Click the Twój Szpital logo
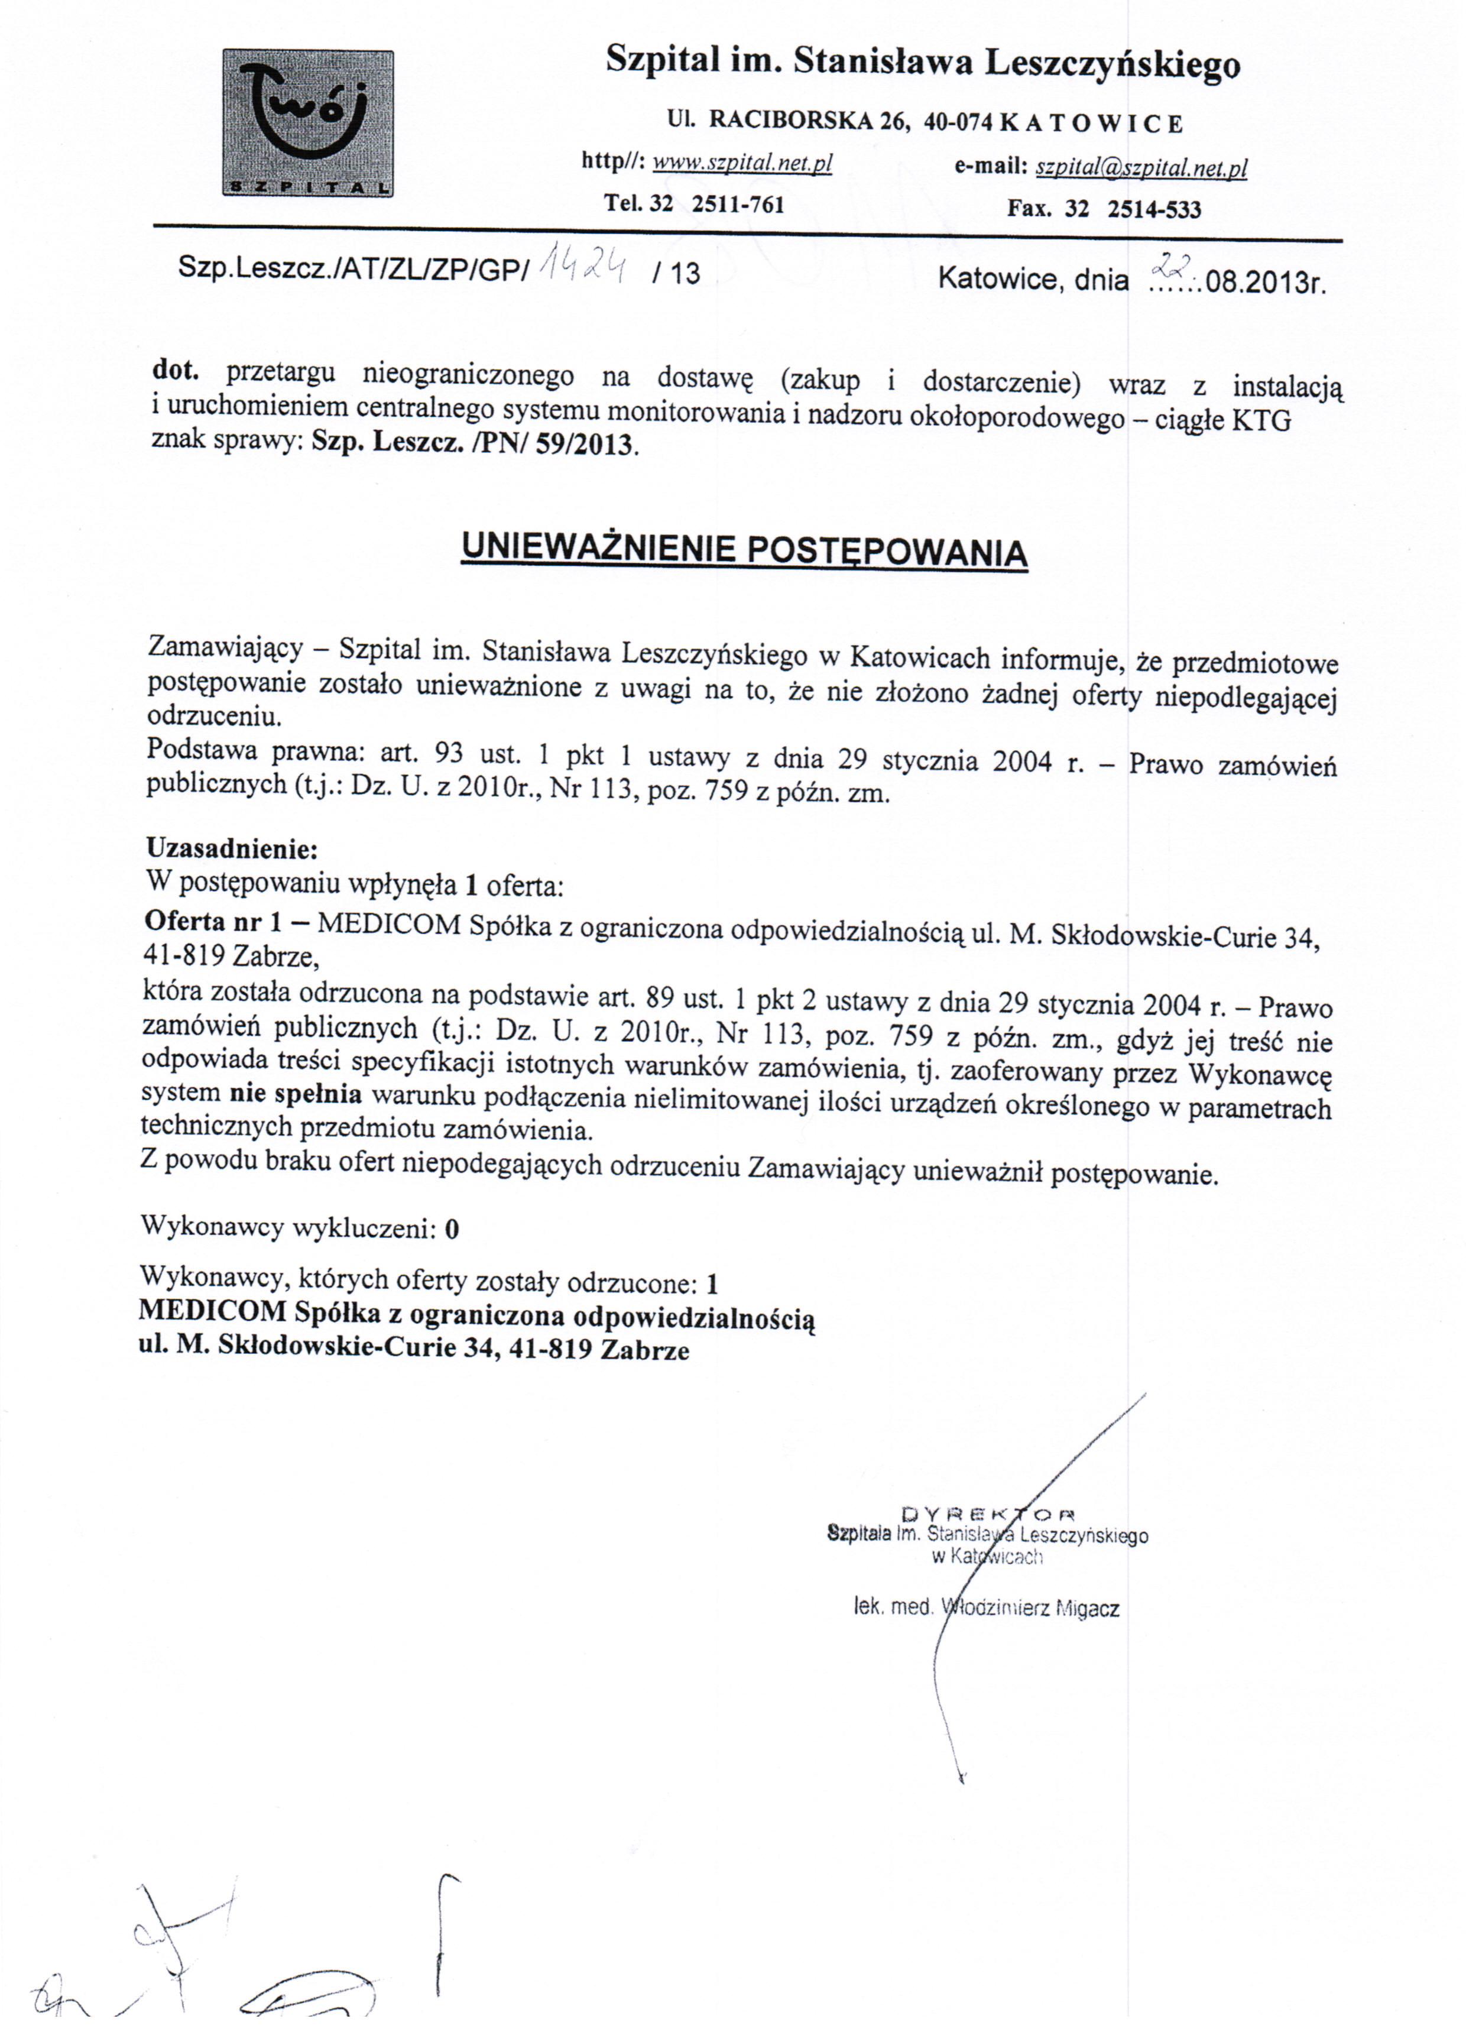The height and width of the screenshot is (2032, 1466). (307, 124)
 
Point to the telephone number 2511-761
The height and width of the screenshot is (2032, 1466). (738, 205)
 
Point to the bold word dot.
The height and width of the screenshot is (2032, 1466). (175, 370)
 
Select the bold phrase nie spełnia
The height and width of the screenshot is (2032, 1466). (296, 1094)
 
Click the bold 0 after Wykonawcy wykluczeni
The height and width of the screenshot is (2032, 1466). (452, 1229)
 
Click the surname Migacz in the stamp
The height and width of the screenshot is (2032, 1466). (1088, 1608)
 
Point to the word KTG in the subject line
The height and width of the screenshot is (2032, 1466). (1261, 421)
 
